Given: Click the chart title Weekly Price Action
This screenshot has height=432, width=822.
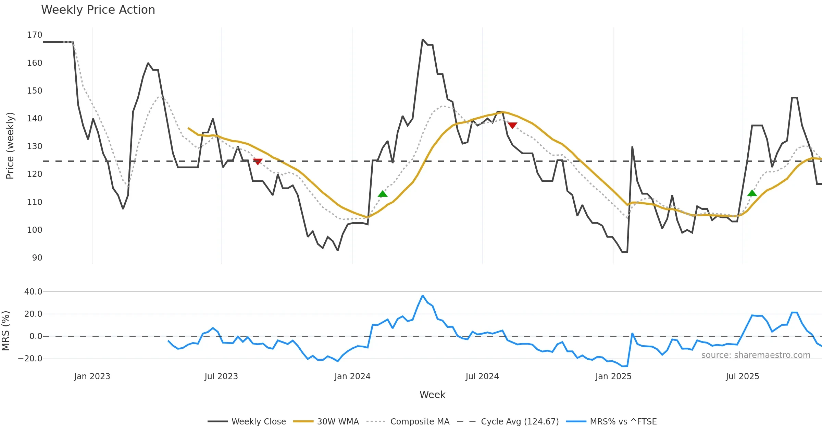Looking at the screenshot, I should [98, 10].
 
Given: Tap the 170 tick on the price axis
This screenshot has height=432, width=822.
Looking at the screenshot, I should [35, 35].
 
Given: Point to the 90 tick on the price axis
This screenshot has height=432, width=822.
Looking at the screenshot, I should [37, 258].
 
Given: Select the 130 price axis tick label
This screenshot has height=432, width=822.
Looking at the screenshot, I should [35, 146].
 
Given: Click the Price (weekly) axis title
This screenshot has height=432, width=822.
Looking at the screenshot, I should [10, 146].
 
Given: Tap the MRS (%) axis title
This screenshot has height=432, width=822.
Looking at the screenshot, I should [5, 331].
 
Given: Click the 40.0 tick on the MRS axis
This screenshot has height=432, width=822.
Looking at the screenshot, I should [33, 292].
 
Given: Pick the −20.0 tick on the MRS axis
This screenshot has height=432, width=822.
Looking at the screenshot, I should [30, 359].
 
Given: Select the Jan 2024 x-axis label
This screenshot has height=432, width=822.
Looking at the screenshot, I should [352, 376].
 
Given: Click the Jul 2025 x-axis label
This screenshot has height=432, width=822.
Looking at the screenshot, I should [742, 376].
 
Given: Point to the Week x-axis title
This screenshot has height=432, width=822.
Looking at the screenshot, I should [432, 395].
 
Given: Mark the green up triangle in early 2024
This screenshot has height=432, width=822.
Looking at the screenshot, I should [383, 194].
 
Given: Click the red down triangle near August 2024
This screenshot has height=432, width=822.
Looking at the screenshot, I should [512, 125].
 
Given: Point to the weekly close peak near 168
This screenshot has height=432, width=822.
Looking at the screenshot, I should [423, 40].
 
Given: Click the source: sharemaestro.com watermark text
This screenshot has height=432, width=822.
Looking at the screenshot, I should [756, 355].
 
